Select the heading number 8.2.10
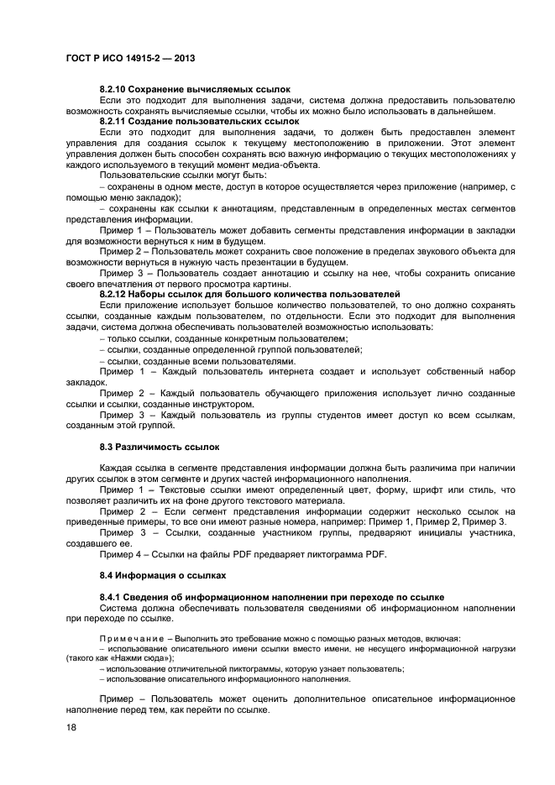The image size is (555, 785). pyautogui.click(x=115, y=88)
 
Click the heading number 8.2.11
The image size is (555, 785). pyautogui.click(x=115, y=121)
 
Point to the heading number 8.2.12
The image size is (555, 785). pyautogui.click(x=115, y=293)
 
